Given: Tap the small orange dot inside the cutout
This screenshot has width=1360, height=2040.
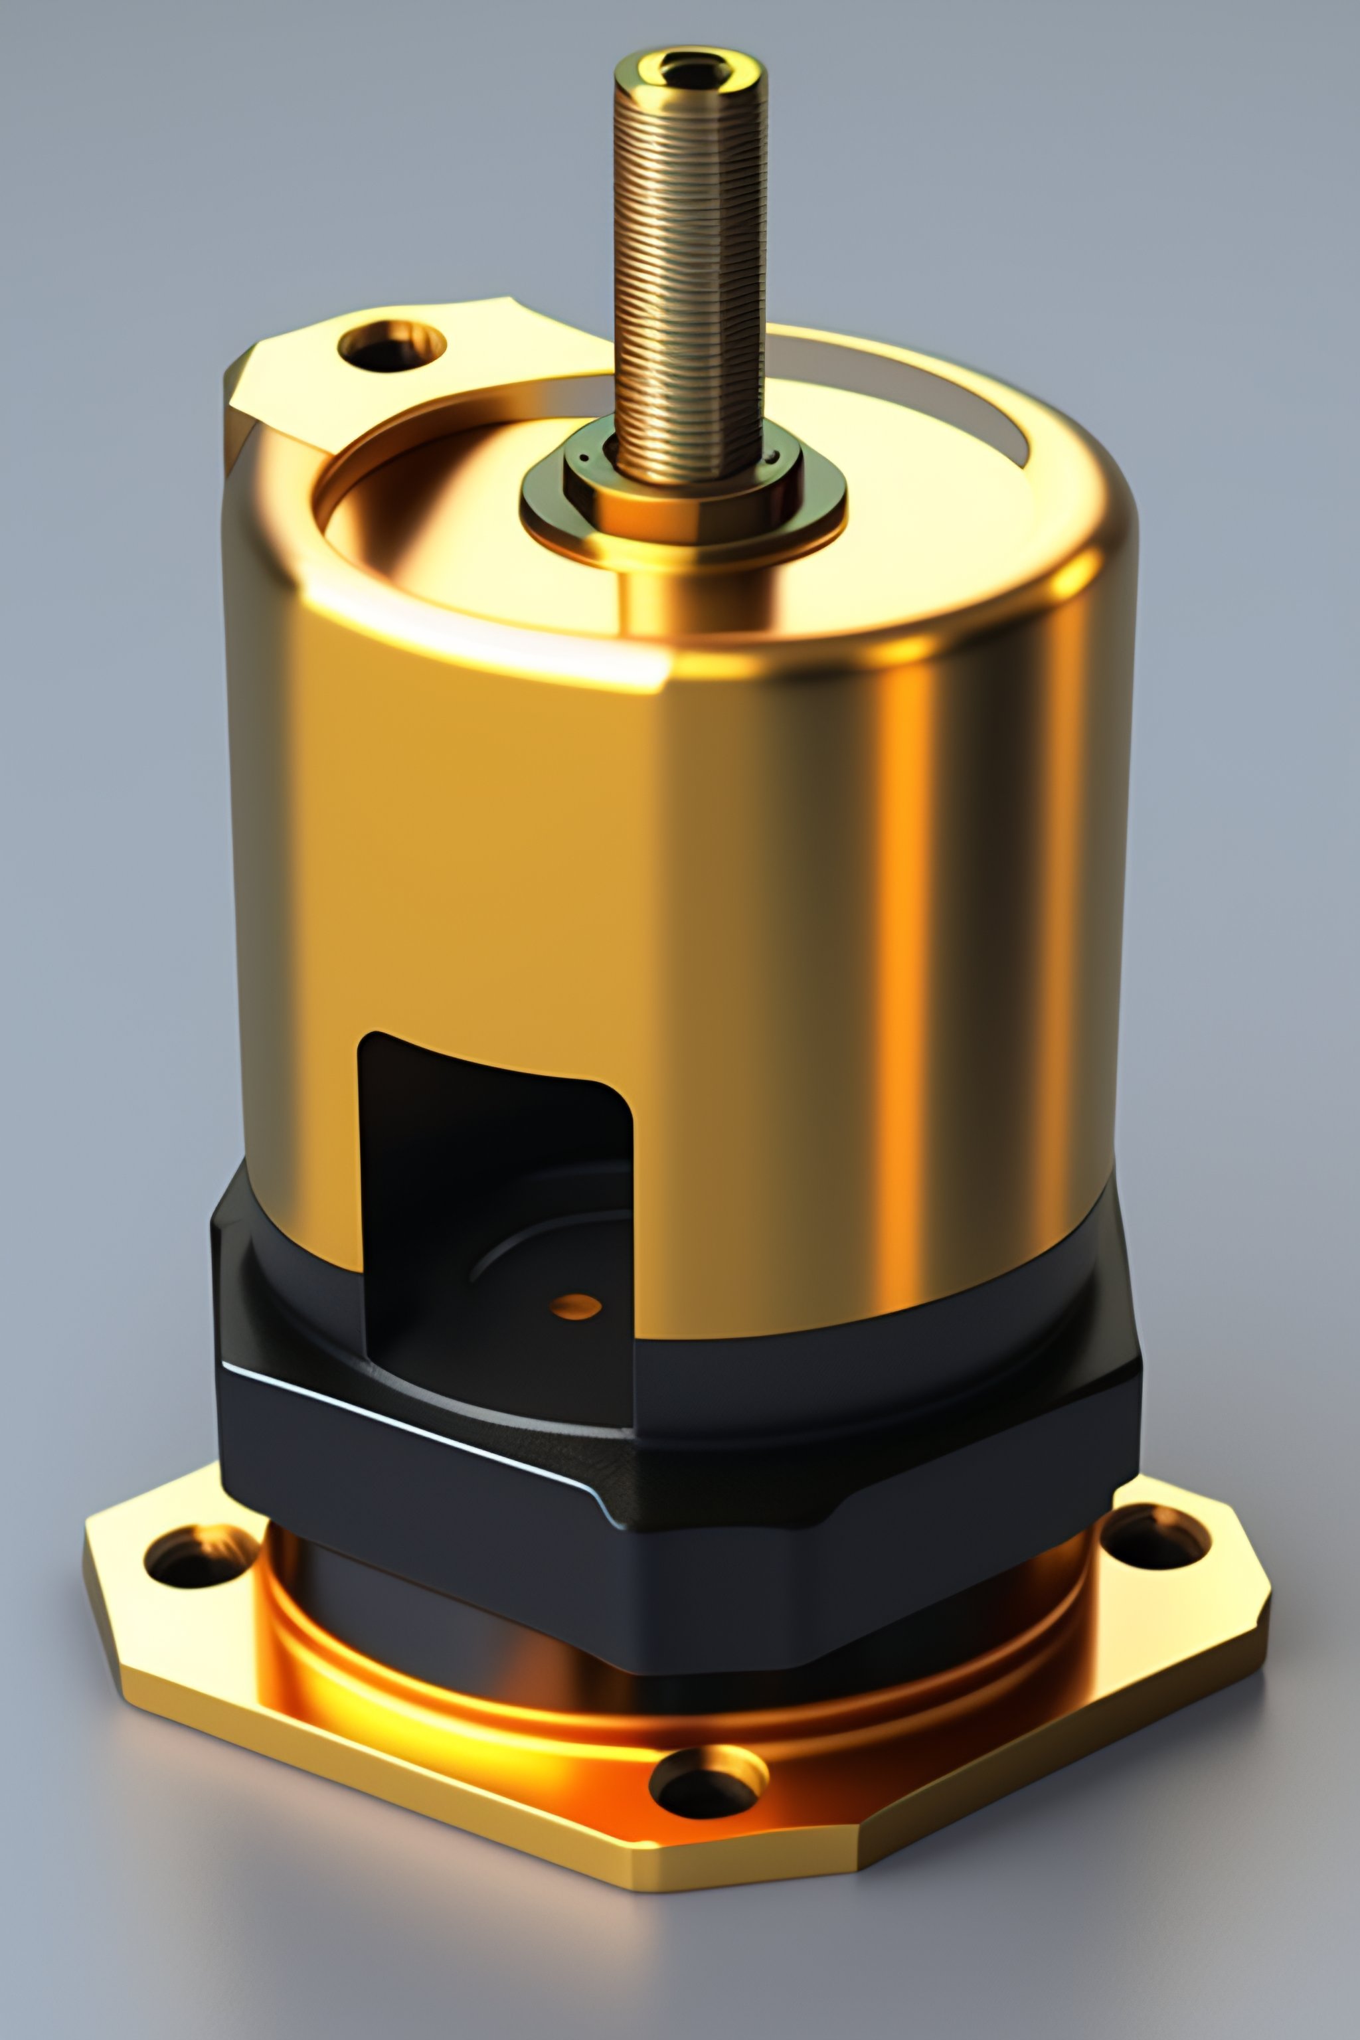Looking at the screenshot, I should point(576,1306).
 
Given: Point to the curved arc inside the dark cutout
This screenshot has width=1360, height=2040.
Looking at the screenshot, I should point(538,1232).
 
